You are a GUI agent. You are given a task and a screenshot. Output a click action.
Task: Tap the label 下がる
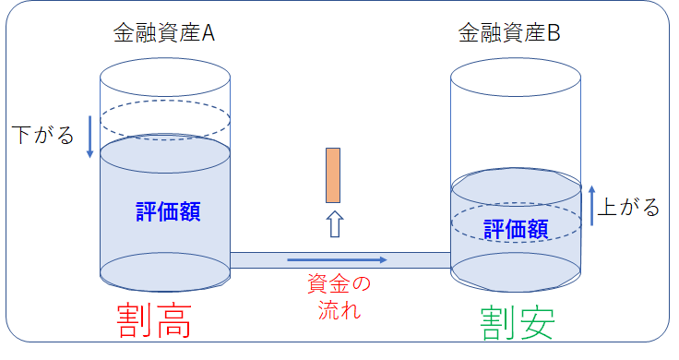42,136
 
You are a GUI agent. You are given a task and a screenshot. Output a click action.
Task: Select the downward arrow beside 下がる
89,136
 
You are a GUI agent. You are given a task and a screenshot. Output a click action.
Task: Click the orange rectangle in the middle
333,174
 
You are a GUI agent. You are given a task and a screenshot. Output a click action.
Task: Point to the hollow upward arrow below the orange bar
334,224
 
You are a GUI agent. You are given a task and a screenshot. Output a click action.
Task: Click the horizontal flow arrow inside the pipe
337,259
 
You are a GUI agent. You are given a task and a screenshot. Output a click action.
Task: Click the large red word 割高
154,319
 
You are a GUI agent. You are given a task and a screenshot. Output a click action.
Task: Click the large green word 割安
518,319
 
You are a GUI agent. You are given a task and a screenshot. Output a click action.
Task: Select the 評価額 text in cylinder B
516,227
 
